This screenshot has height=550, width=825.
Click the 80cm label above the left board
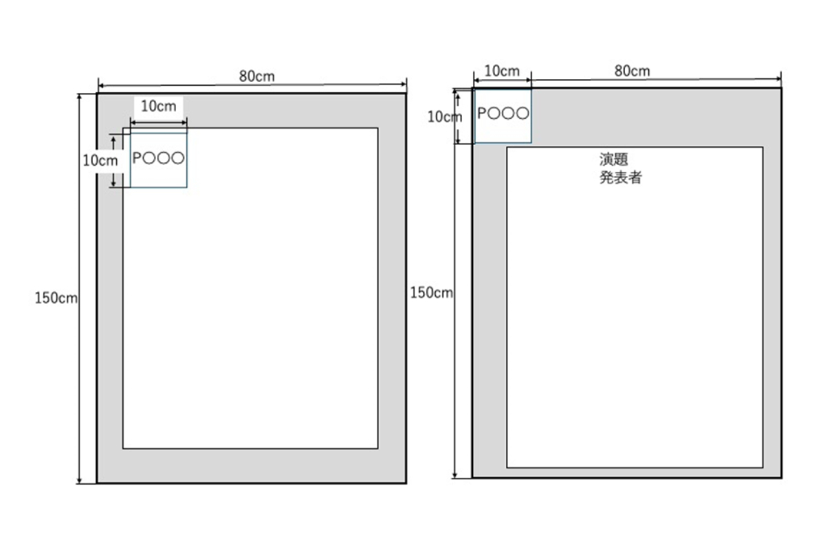click(256, 76)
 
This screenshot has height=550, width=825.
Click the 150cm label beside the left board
click(56, 298)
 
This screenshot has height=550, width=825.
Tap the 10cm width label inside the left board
click(158, 106)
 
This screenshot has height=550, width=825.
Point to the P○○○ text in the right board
click(503, 114)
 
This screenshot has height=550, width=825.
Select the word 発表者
click(621, 178)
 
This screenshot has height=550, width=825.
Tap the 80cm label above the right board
click(632, 70)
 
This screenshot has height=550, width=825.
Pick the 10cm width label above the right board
click(502, 71)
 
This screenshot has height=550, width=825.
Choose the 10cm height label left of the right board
click(444, 117)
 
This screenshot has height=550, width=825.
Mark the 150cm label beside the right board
click(431, 293)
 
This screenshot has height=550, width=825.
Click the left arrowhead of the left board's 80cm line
click(100, 86)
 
